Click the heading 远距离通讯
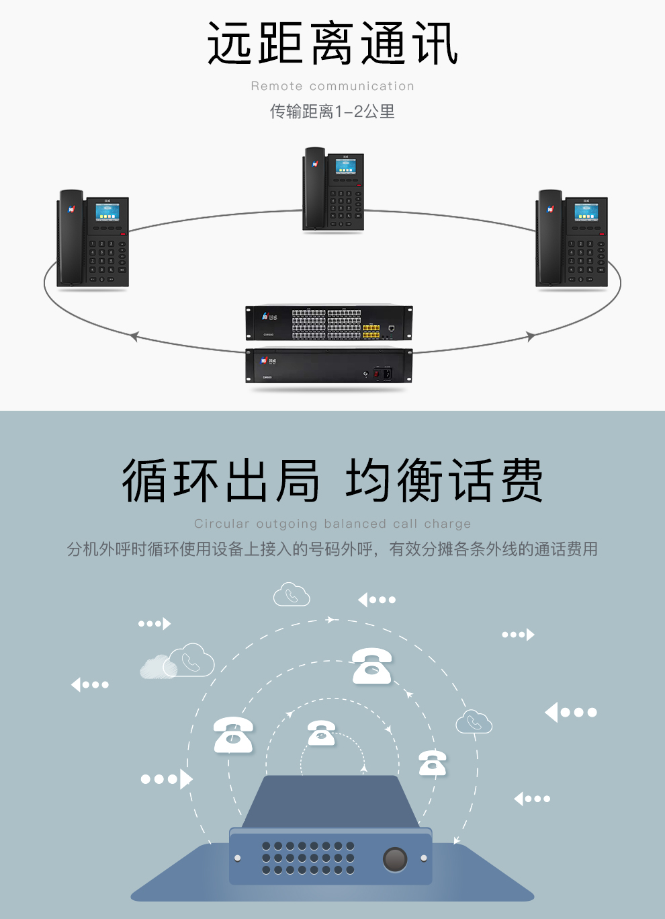[x=332, y=44]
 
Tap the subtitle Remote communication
[x=332, y=86]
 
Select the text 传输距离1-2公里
[x=332, y=112]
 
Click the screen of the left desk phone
[x=107, y=212]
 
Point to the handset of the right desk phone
[x=549, y=239]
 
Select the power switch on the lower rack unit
[x=377, y=373]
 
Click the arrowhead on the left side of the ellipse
[x=134, y=336]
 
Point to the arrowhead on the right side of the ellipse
[x=531, y=336]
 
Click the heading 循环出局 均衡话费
[x=332, y=481]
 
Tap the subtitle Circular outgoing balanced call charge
[x=332, y=524]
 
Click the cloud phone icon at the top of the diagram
[x=292, y=594]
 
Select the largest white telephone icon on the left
[x=233, y=734]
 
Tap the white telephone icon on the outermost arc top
[x=372, y=666]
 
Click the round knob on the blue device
[x=395, y=859]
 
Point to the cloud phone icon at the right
[x=474, y=721]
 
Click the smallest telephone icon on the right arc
[x=432, y=763]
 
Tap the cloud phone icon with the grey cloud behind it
[x=191, y=661]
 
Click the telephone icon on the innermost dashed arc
[x=321, y=733]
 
